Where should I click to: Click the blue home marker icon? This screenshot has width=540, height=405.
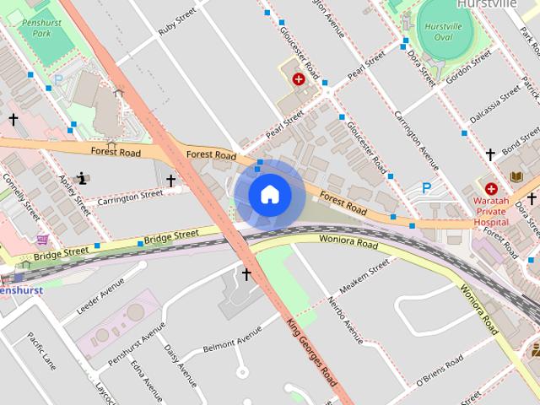point(269,194)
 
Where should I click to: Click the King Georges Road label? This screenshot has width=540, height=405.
point(312,354)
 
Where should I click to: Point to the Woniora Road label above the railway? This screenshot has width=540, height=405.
point(348,240)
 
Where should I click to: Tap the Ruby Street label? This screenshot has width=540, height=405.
point(177,21)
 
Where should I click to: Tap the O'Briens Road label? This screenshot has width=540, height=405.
point(440,370)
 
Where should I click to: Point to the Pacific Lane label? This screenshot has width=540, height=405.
point(40,352)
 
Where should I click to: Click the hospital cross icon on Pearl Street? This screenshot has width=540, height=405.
point(299,79)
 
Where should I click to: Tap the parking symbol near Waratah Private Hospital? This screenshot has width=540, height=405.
point(426,188)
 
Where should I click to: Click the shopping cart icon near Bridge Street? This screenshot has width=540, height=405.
point(41,239)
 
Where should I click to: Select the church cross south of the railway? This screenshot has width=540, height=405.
point(246,274)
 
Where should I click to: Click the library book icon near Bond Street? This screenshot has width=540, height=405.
point(516,176)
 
